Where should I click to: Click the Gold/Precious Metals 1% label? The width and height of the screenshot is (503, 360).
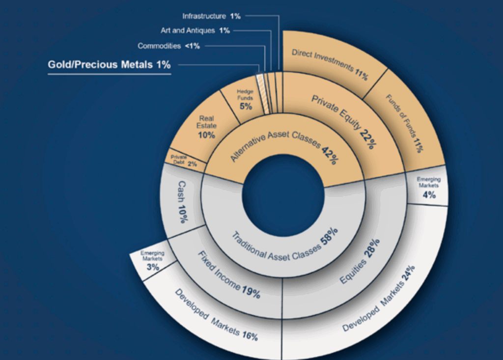coord(109,64)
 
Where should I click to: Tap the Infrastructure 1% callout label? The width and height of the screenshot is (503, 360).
coord(211,16)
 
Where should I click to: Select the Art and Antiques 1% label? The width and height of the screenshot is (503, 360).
coord(195,30)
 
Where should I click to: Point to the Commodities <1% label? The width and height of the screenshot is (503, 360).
coord(169,46)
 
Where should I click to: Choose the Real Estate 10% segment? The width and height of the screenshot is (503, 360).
coord(206,127)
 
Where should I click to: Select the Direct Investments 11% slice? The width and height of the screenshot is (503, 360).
coord(329,64)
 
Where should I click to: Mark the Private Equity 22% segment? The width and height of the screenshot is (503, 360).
coord(344,120)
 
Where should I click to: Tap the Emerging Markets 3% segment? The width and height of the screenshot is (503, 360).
coord(152,261)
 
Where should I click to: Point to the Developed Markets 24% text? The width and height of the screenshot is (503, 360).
coord(378,300)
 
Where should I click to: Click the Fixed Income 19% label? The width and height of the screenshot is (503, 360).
coord(228,275)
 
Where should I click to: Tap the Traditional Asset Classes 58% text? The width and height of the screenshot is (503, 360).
coord(284,245)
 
